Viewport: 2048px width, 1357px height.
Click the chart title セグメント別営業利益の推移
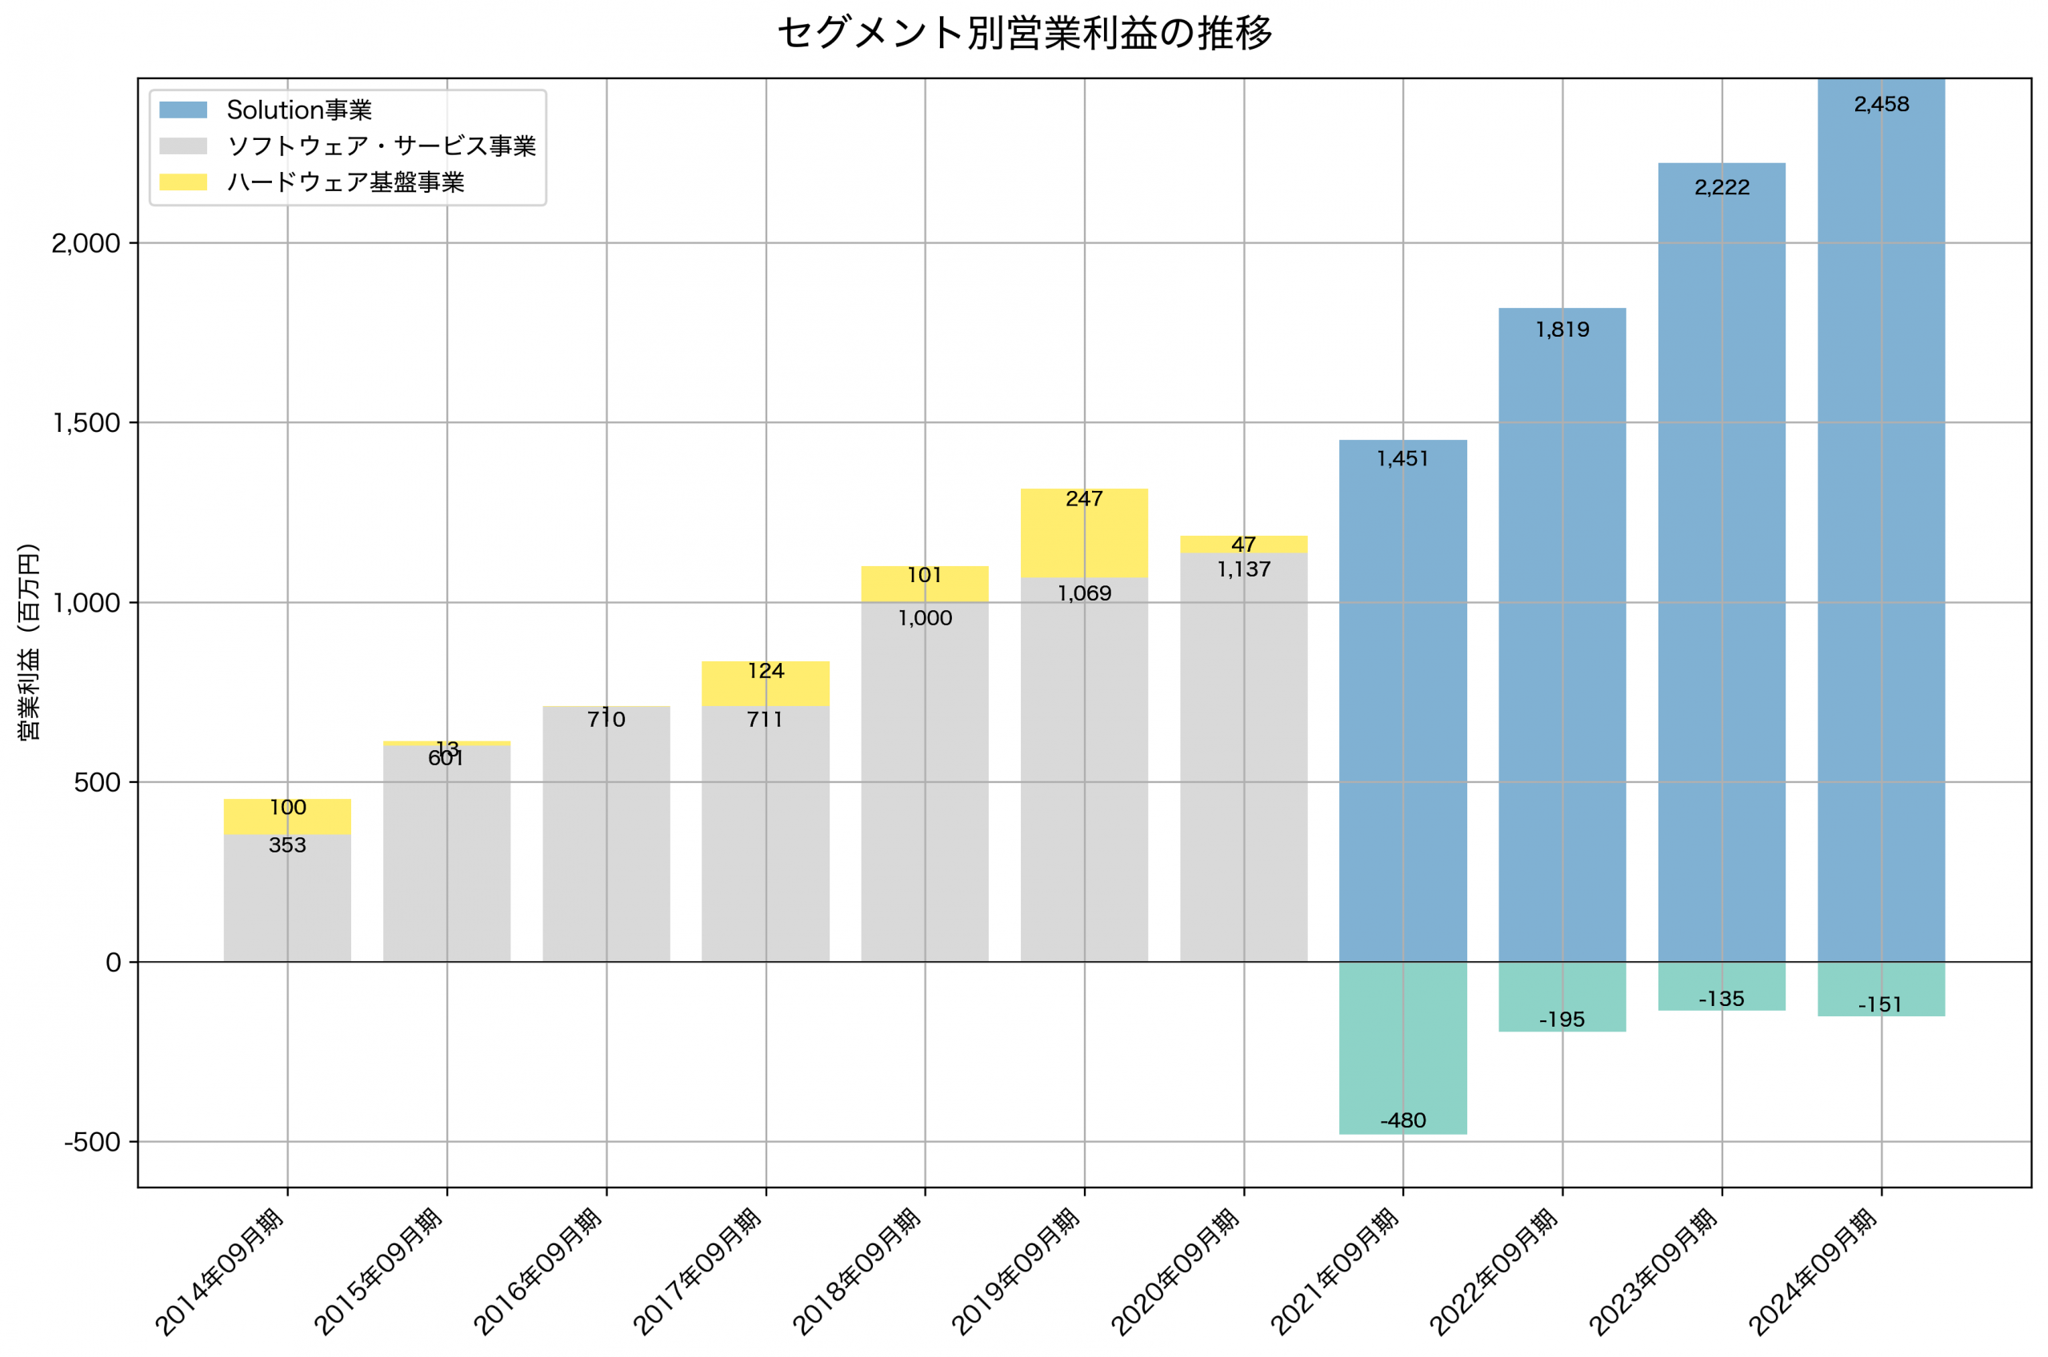pos(1024,34)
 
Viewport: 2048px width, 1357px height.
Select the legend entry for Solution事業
pos(298,110)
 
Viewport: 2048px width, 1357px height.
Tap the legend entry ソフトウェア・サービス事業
pos(381,146)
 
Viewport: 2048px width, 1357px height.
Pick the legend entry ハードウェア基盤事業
pos(346,182)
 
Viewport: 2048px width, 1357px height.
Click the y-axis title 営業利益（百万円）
pos(29,641)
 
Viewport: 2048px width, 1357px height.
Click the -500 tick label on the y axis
pos(92,1143)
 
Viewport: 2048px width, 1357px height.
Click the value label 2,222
pos(1722,188)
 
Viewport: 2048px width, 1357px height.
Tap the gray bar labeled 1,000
pos(925,779)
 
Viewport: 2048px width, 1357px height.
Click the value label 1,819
pos(1562,329)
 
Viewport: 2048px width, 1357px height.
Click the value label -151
pos(1880,1006)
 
